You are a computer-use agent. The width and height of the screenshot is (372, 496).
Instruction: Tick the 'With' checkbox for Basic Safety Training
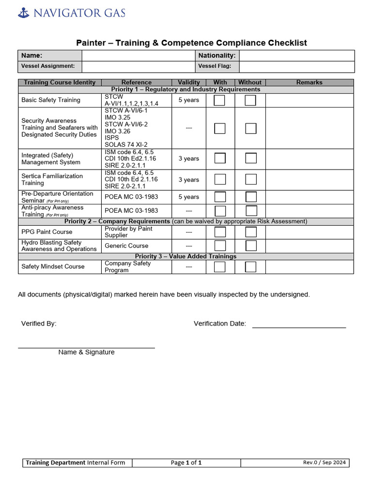pyautogui.click(x=220, y=100)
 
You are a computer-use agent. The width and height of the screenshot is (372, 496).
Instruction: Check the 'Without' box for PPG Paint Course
pyautogui.click(x=250, y=232)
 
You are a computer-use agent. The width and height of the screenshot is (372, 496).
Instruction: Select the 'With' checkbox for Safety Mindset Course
pyautogui.click(x=220, y=267)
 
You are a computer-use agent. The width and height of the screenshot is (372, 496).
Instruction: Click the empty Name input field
pyautogui.click(x=138, y=56)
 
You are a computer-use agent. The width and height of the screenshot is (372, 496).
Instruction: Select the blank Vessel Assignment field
pyautogui.click(x=138, y=66)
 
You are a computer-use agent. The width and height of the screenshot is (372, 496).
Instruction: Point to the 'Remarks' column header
pyautogui.click(x=310, y=82)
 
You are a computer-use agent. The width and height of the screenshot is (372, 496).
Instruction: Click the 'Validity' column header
pyautogui.click(x=189, y=82)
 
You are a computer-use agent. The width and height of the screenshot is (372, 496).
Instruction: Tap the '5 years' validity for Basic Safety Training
pyautogui.click(x=189, y=100)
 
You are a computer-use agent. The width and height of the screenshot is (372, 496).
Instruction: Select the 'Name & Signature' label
pyautogui.click(x=86, y=352)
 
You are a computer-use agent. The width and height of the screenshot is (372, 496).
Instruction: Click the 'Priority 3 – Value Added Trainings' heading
pyautogui.click(x=186, y=256)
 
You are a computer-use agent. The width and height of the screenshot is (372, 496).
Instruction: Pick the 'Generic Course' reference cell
pyautogui.click(x=126, y=246)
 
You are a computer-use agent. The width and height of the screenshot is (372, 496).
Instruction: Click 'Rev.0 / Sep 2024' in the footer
pyautogui.click(x=324, y=463)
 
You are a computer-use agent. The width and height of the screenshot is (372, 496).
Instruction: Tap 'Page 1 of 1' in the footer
pyautogui.click(x=186, y=463)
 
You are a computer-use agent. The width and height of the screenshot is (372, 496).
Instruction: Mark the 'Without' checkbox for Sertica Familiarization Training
pyautogui.click(x=250, y=180)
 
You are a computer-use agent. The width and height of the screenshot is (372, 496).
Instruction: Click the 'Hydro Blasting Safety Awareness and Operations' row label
pyautogui.click(x=59, y=246)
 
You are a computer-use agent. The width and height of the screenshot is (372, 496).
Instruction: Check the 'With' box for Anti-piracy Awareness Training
pyautogui.click(x=220, y=211)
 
